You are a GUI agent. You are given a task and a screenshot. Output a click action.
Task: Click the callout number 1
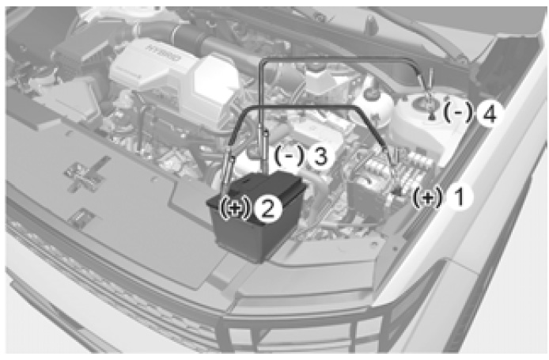pyautogui.click(x=458, y=197)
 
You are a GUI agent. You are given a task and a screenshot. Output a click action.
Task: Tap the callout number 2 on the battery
pyautogui.click(x=268, y=209)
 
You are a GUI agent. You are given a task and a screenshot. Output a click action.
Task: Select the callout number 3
pyautogui.click(x=319, y=156)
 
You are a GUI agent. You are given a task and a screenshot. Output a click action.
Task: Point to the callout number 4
pyautogui.click(x=488, y=113)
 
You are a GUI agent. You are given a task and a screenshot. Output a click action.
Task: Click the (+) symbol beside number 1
pyautogui.click(x=427, y=198)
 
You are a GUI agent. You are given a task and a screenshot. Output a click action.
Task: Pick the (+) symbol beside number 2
pyautogui.click(x=237, y=208)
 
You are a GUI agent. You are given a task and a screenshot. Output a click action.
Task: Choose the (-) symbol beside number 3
pyautogui.click(x=290, y=156)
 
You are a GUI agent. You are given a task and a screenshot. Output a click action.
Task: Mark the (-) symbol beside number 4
pyautogui.click(x=458, y=112)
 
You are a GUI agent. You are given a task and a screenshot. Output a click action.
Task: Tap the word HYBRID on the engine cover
pyautogui.click(x=164, y=52)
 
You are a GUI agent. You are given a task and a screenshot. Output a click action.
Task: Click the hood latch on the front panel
pyautogui.click(x=84, y=175)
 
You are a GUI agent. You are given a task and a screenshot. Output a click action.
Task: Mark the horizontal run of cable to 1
pyautogui.click(x=301, y=107)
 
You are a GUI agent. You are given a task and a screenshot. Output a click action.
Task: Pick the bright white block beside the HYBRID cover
pyautogui.click(x=214, y=78)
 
